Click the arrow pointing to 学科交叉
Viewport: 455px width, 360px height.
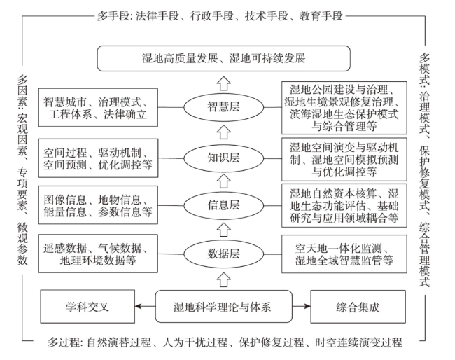(x=145, y=306)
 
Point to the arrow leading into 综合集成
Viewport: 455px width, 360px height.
(x=301, y=306)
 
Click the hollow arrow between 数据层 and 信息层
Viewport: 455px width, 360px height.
(x=224, y=229)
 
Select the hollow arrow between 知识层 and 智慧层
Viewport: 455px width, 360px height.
(x=224, y=132)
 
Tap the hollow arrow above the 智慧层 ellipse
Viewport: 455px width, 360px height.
(x=224, y=83)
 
